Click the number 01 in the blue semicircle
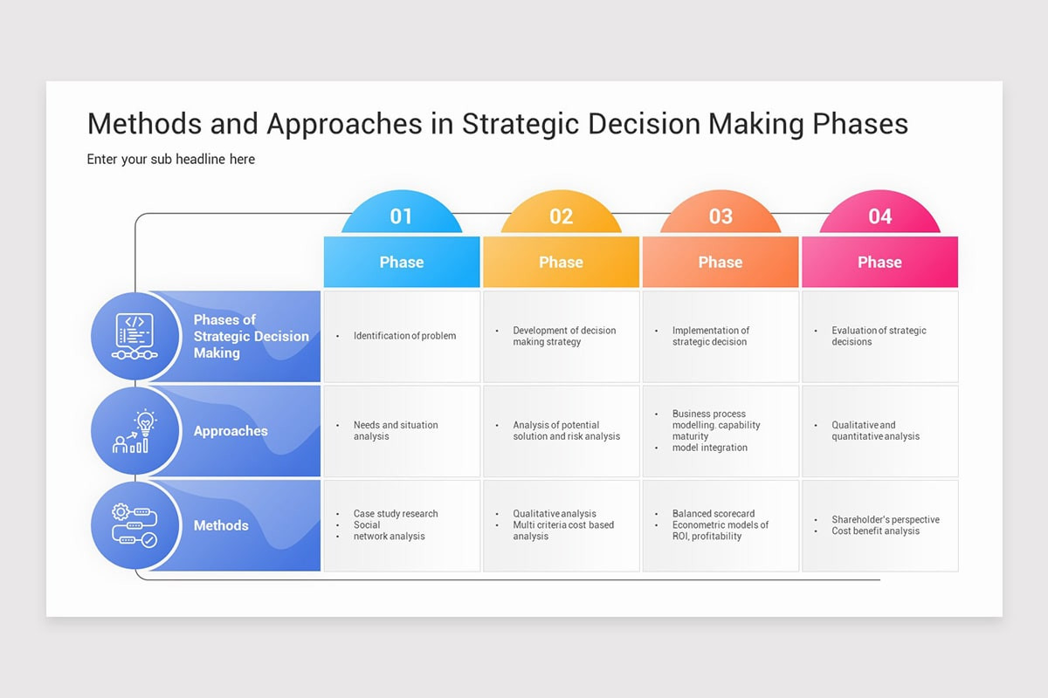(401, 216)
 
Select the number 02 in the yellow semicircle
(561, 216)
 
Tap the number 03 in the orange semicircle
(720, 216)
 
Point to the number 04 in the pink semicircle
(879, 216)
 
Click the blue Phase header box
(401, 262)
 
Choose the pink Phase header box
(879, 262)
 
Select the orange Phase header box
(720, 262)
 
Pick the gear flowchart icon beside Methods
(134, 525)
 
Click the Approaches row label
(231, 431)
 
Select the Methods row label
(221, 525)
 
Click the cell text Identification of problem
(404, 336)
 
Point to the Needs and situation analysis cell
(396, 430)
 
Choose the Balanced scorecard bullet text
(714, 514)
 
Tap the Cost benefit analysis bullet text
(875, 530)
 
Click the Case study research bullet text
(396, 514)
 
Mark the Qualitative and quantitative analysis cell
(875, 430)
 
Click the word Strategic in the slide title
(521, 124)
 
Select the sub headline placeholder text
(171, 159)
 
